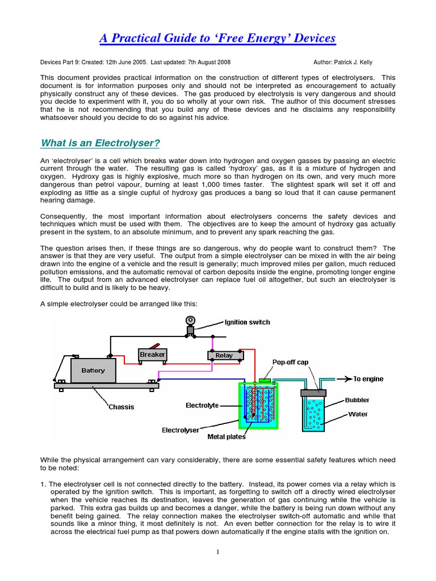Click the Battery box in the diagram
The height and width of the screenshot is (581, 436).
(x=93, y=371)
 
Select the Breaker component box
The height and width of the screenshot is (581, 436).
(x=152, y=355)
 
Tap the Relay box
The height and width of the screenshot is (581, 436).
(x=224, y=355)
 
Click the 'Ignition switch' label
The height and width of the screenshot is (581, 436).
(x=247, y=322)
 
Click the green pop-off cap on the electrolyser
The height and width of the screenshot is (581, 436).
(x=265, y=380)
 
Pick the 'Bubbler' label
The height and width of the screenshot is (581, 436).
(x=358, y=400)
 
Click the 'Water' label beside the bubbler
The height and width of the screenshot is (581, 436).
(x=358, y=414)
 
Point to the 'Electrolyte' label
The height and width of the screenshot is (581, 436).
(x=202, y=405)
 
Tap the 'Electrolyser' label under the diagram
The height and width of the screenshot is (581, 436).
(x=181, y=430)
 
